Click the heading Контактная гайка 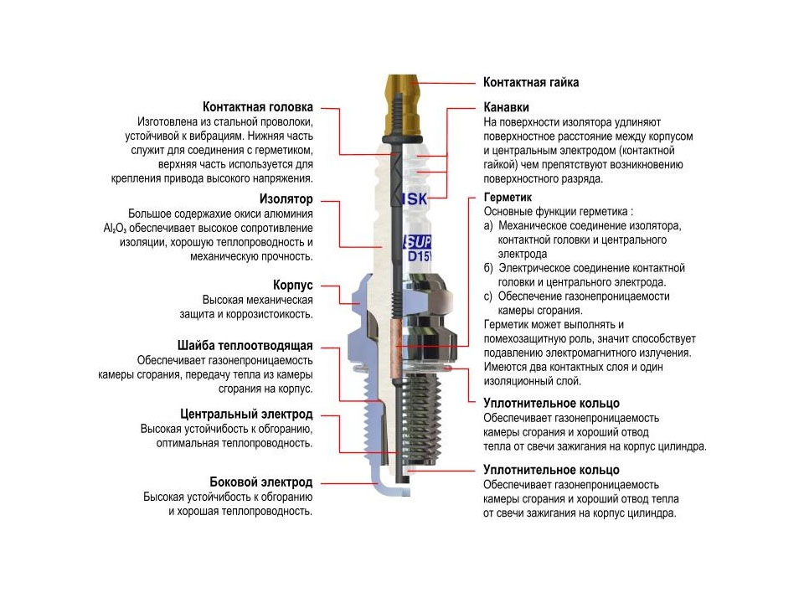(x=531, y=83)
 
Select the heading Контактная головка (x=258, y=107)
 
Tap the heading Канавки (x=507, y=107)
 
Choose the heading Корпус (x=293, y=285)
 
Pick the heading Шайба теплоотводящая (x=245, y=345)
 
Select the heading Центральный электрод (x=247, y=415)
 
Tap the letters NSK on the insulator (x=415, y=199)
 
